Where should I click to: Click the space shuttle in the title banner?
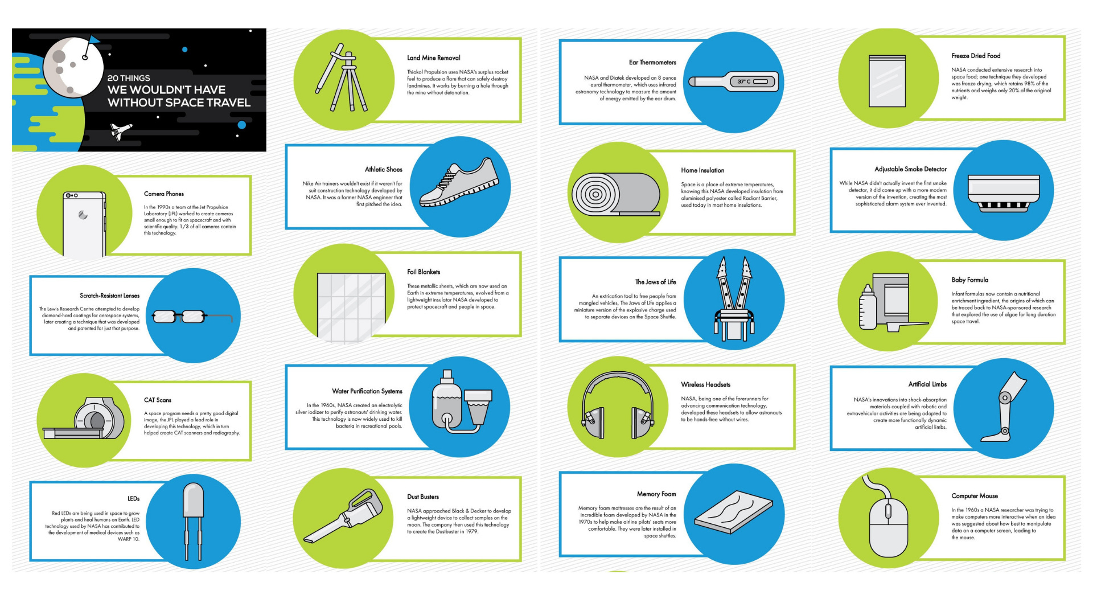point(121,131)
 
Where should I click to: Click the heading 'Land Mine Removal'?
point(434,58)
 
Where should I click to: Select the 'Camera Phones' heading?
point(164,194)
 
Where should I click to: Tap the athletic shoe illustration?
point(459,183)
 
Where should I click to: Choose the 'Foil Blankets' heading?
point(424,272)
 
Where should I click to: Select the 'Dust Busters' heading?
point(423,497)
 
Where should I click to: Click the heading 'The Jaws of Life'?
point(656,282)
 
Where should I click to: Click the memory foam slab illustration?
point(734,515)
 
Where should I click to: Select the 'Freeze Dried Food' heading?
point(976,56)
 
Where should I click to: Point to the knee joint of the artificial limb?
point(1005,398)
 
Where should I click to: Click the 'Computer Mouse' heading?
point(975,497)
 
